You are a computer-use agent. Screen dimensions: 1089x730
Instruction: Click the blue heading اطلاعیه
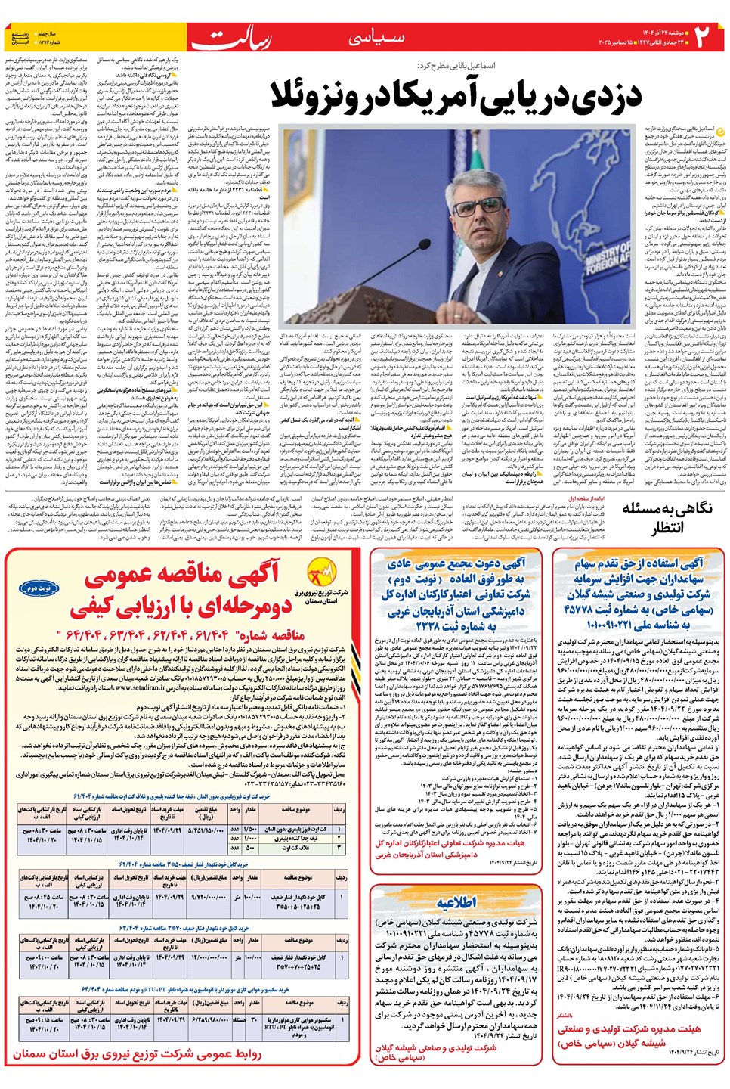pos(456,902)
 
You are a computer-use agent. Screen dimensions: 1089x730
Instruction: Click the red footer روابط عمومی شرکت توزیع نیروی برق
pos(138,1053)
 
